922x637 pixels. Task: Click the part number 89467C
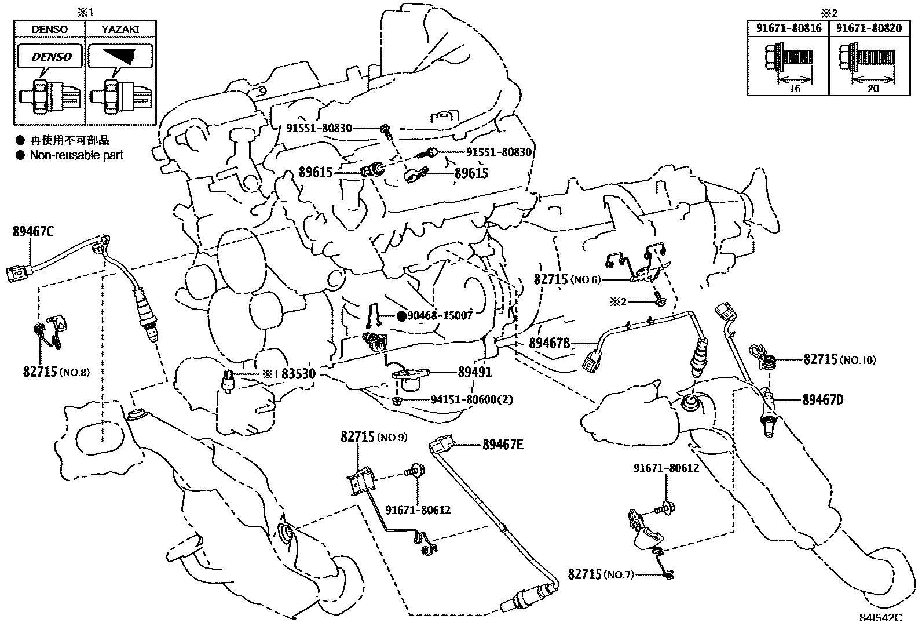pyautogui.click(x=33, y=232)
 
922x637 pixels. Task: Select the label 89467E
pyautogui.click(x=503, y=445)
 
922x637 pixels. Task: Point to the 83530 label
pyautogui.click(x=298, y=374)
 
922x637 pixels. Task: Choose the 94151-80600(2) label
pyautogui.click(x=472, y=400)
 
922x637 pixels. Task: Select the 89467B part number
pyautogui.click(x=550, y=343)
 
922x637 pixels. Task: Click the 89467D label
pyautogui.click(x=823, y=399)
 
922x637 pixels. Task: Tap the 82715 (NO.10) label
pyautogui.click(x=839, y=359)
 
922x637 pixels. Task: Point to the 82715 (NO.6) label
pyautogui.click(x=567, y=279)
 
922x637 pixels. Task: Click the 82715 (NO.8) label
pyautogui.click(x=56, y=372)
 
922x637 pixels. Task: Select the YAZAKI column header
pyautogui.click(x=120, y=29)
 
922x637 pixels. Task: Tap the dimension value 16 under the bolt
pyautogui.click(x=795, y=89)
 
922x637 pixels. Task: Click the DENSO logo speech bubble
pyautogui.click(x=51, y=57)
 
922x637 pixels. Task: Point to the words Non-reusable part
pyautogui.click(x=76, y=155)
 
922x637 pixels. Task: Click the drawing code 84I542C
pyautogui.click(x=881, y=618)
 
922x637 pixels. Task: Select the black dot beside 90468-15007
pyautogui.click(x=400, y=316)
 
